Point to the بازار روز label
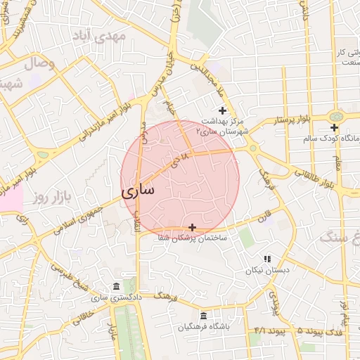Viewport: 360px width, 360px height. click(53, 196)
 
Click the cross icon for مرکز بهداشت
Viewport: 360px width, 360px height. click(223, 110)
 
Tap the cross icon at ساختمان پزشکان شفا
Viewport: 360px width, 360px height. click(193, 226)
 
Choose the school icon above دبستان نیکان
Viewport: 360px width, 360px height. click(266, 259)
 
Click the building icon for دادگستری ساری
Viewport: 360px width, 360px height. click(116, 286)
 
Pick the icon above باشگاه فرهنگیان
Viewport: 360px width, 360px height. click(204, 316)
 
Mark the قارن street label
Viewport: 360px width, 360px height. click(263, 218)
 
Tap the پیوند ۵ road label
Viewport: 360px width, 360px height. click(290, 330)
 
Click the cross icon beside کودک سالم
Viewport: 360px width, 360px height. click(335, 127)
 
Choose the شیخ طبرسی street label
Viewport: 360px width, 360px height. click(70, 274)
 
